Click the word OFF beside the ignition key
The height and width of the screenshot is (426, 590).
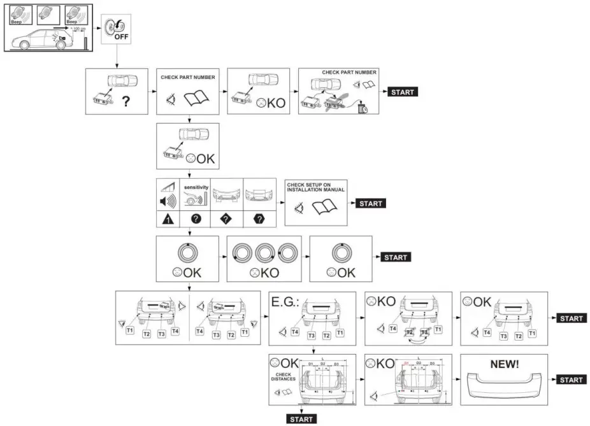(x=121, y=36)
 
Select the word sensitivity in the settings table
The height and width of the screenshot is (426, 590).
(x=196, y=188)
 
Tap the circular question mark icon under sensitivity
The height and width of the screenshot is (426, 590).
(x=196, y=218)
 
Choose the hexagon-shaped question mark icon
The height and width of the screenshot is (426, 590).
(x=258, y=218)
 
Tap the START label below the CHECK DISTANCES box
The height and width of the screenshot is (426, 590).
(x=301, y=419)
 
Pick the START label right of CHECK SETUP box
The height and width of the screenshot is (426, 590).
(x=370, y=203)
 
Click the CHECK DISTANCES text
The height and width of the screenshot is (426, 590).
(x=284, y=378)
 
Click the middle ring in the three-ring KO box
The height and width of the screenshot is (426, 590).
(x=266, y=253)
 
